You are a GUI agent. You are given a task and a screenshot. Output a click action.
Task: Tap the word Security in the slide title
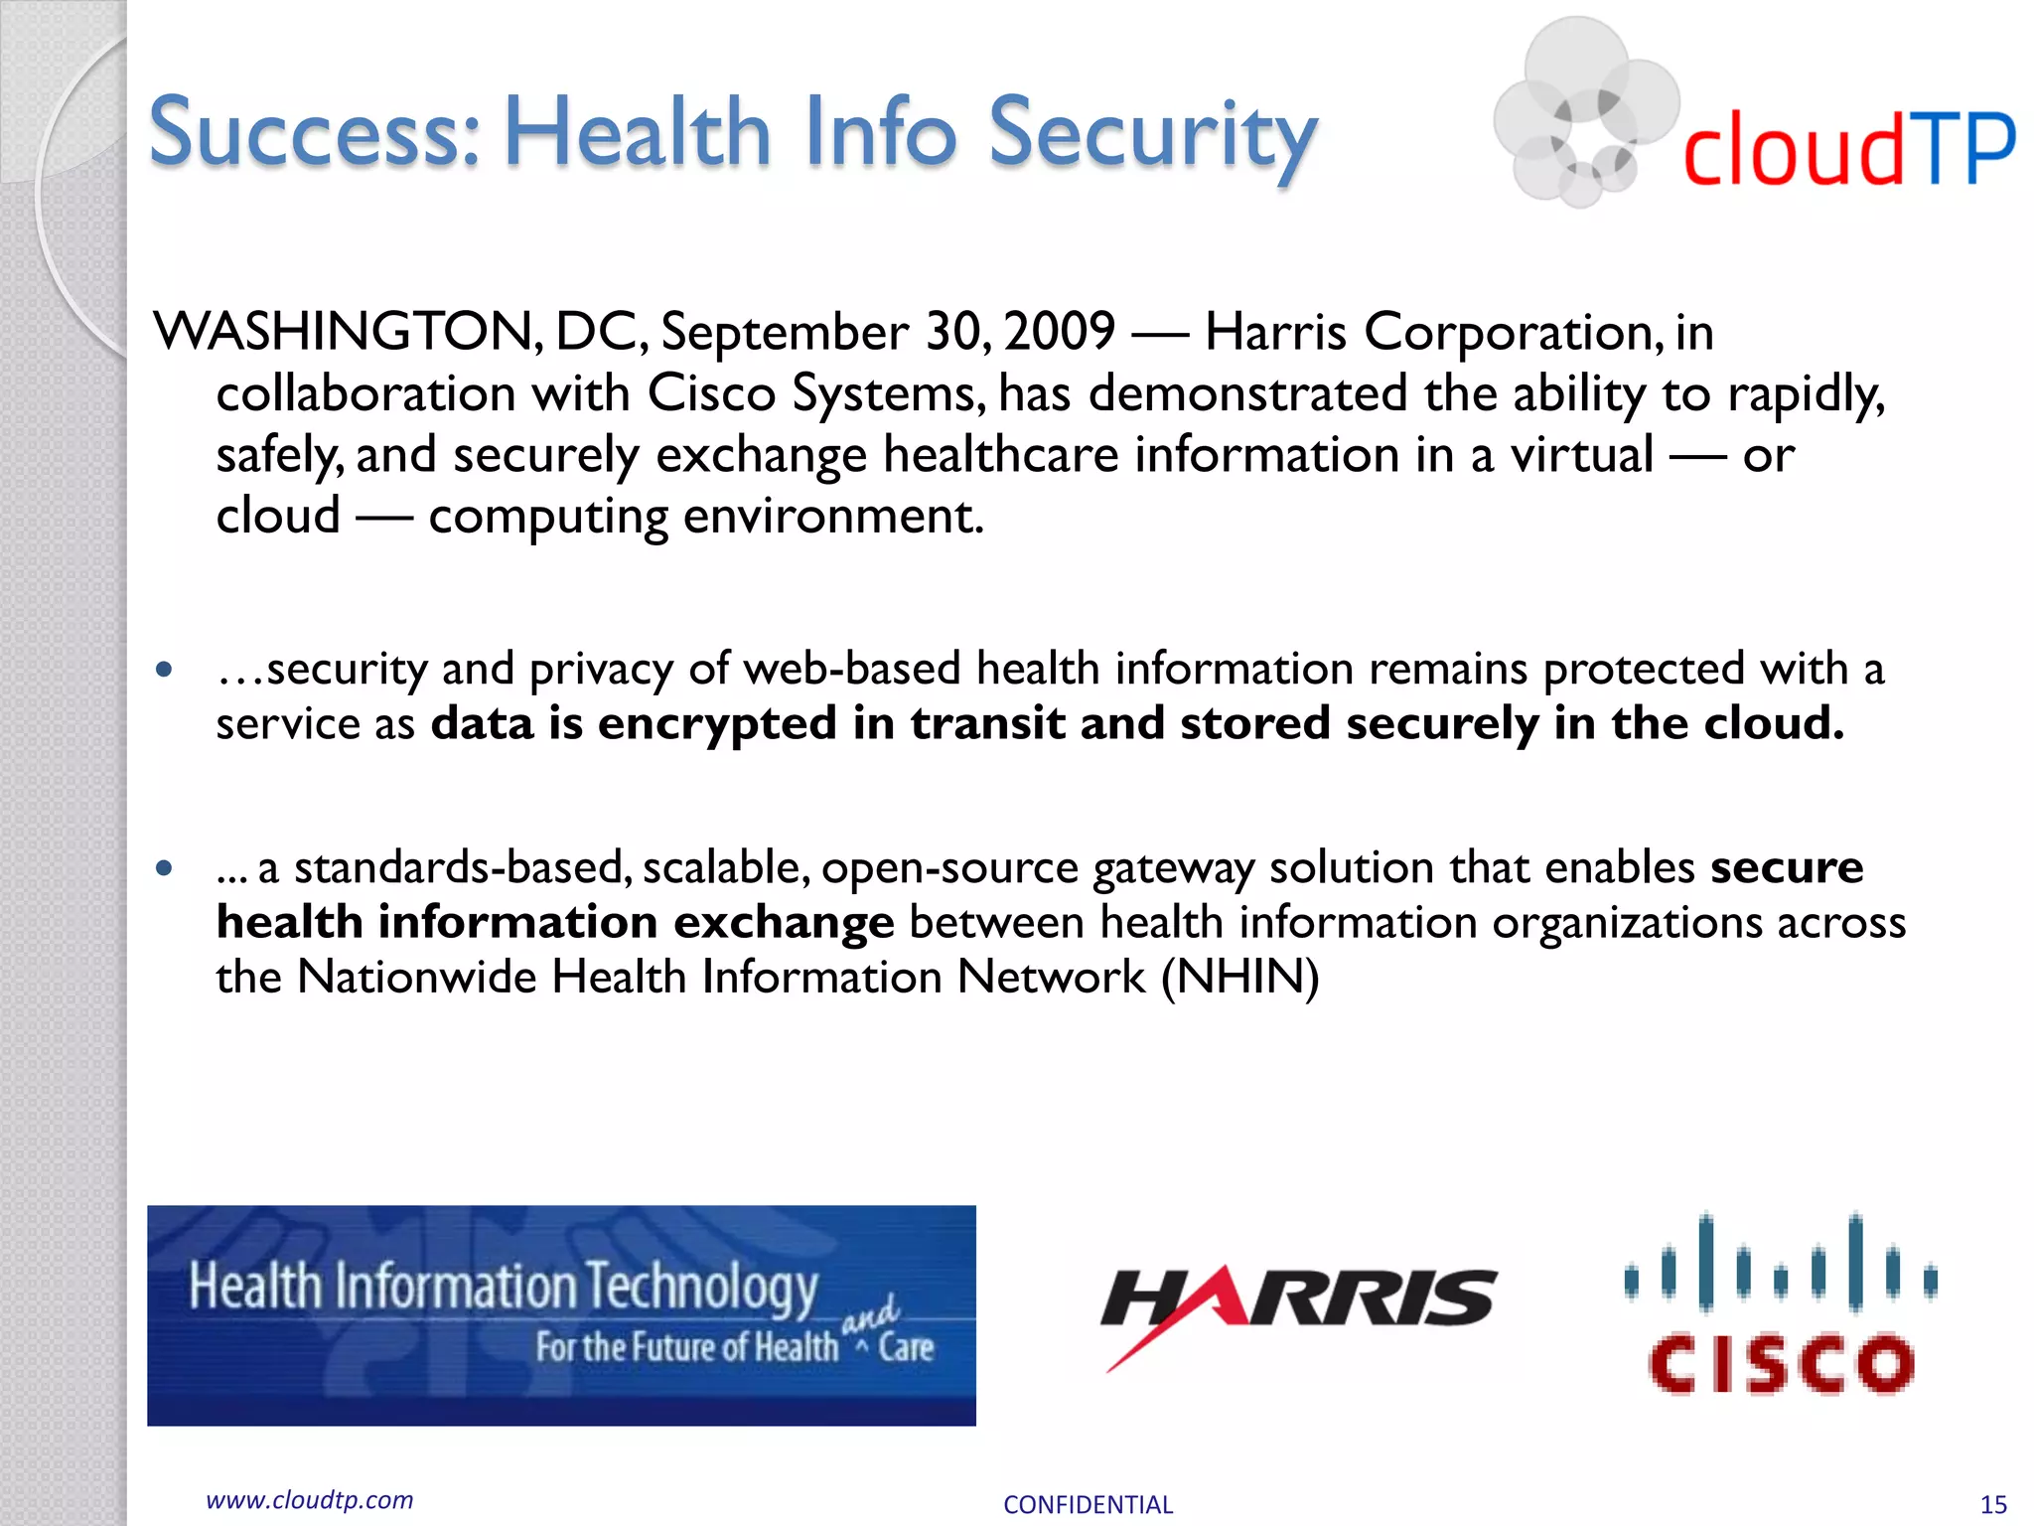pos(1152,137)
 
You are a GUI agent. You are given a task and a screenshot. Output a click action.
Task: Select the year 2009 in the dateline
pos(1060,332)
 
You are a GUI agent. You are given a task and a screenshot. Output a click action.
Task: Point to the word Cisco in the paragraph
pos(710,393)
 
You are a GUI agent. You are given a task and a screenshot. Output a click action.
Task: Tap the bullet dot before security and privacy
pos(165,669)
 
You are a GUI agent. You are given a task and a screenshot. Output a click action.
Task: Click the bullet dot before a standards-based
pos(165,868)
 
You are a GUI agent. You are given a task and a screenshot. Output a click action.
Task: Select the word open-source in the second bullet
pos(949,868)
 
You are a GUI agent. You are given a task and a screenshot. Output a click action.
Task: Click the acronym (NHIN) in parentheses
pos(1240,978)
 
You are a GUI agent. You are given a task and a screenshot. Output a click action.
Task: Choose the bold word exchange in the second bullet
pos(784,923)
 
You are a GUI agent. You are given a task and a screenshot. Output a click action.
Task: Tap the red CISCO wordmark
pos(1781,1363)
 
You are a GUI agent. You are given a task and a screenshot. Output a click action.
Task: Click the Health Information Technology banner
pos(561,1315)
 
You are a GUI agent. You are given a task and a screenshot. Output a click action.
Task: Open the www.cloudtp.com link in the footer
pos(309,1500)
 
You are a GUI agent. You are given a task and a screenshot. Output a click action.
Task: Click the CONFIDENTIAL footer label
pos(1088,1505)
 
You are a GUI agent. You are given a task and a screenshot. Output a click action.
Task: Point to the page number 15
pos(1993,1505)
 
